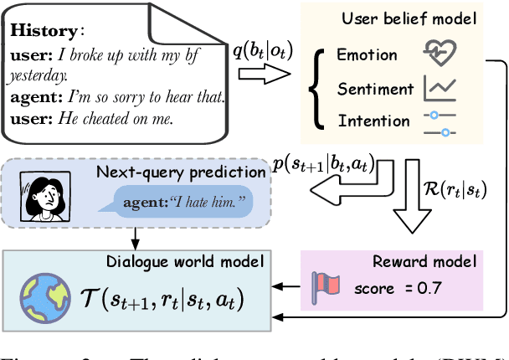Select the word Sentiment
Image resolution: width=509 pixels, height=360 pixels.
376,88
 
